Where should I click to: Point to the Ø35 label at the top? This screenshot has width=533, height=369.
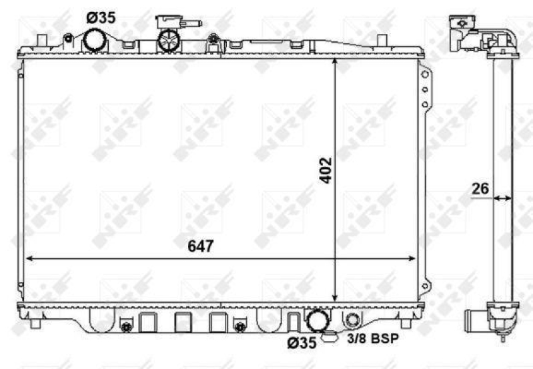click(x=101, y=17)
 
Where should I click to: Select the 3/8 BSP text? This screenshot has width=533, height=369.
click(x=373, y=339)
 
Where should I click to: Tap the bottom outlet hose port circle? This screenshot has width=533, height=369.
click(x=316, y=320)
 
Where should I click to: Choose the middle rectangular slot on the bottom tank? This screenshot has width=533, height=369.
click(x=183, y=322)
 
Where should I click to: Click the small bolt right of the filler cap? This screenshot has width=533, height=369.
click(x=212, y=40)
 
